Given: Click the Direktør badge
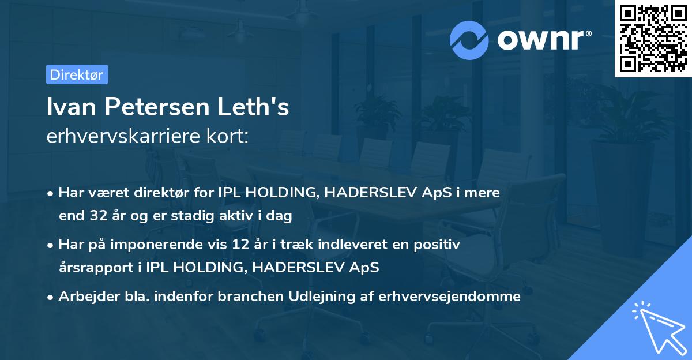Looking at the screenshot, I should (x=77, y=74).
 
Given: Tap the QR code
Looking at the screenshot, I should (x=653, y=39).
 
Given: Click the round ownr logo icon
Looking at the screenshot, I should (x=469, y=40).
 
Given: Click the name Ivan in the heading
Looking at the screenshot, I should (x=67, y=107).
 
